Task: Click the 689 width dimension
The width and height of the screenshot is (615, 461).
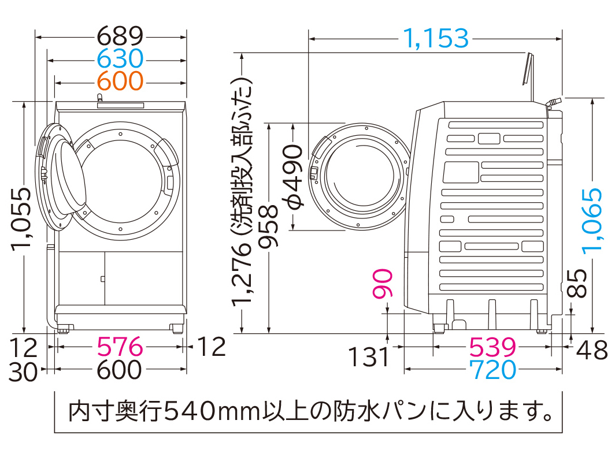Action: [x=119, y=36]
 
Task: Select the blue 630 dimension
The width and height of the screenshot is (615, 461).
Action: [x=119, y=59]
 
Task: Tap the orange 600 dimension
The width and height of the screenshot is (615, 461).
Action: [x=119, y=81]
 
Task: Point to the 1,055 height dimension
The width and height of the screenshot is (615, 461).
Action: [x=23, y=220]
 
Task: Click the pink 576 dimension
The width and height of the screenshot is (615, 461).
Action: [x=120, y=347]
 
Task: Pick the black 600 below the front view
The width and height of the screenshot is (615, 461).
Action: [x=119, y=370]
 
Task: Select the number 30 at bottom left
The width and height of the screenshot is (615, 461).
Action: [x=24, y=370]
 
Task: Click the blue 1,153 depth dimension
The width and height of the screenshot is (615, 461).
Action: [x=435, y=39]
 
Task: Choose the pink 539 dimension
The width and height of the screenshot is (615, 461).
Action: [x=492, y=347]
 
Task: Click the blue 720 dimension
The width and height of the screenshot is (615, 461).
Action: [x=492, y=370]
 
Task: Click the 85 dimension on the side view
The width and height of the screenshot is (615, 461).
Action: [x=580, y=283]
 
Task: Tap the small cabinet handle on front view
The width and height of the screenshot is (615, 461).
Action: [x=102, y=279]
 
